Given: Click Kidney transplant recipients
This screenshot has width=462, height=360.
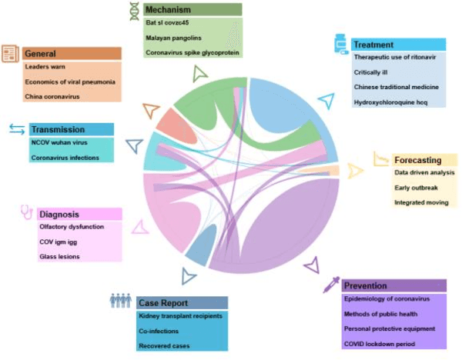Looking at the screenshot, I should tap(180, 316).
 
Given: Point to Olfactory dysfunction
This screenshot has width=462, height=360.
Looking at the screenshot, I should tap(71, 227).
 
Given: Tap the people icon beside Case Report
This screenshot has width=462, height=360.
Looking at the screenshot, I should tap(120, 301).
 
